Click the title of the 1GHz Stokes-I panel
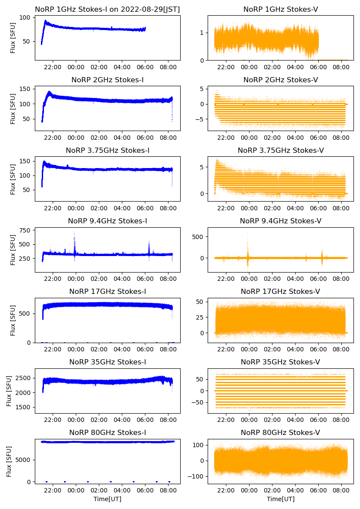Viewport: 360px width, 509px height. click(108, 9)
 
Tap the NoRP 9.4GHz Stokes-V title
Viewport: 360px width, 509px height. click(281, 221)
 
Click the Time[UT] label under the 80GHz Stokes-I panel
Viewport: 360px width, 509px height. click(108, 499)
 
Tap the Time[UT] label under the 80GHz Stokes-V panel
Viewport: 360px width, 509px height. click(281, 499)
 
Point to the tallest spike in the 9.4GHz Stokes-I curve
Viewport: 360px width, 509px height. click(74, 232)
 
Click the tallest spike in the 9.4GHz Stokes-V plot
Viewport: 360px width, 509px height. click(248, 233)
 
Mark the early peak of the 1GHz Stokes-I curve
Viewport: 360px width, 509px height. click(45, 20)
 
